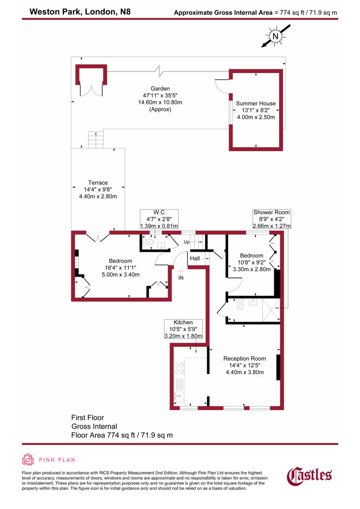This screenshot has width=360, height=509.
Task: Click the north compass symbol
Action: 275,36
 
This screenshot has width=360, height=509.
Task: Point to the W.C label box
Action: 159,219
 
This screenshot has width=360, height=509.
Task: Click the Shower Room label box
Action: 271,219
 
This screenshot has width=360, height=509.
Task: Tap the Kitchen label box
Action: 183,329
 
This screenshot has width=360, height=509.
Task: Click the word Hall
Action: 195,258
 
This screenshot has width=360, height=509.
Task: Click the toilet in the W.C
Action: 149,242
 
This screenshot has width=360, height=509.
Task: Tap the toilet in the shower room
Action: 240,305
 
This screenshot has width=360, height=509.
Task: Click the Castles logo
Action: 310,476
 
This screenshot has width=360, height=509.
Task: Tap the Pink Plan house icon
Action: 28,460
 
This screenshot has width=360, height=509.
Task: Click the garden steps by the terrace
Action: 96,140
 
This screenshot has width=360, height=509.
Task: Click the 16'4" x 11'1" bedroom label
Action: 120,268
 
